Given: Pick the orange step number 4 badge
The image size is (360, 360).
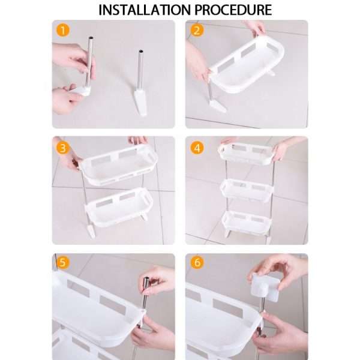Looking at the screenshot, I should pyautogui.click(x=195, y=147).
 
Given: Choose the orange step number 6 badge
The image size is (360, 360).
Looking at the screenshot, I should pyautogui.click(x=195, y=263).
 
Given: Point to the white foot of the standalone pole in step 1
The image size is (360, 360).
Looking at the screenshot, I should pyautogui.click(x=141, y=102).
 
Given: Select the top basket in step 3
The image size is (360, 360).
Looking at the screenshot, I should pyautogui.click(x=118, y=164).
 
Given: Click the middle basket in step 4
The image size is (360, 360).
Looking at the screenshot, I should pyautogui.click(x=247, y=190).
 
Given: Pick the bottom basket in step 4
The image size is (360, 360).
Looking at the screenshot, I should pyautogui.click(x=247, y=221).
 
